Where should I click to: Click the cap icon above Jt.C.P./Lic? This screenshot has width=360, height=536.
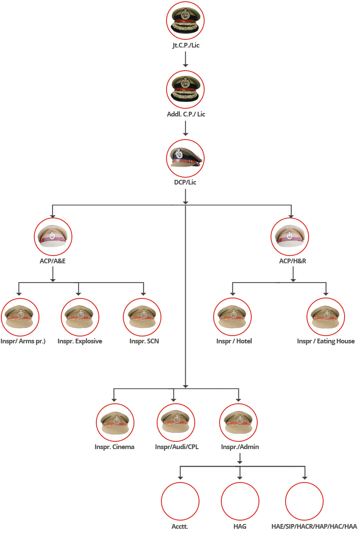[185, 21]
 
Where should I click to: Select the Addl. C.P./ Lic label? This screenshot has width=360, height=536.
[186, 114]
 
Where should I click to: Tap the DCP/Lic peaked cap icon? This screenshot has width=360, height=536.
[185, 158]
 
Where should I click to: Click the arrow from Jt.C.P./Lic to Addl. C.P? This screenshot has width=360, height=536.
[185, 59]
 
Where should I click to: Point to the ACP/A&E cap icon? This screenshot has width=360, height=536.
[53, 236]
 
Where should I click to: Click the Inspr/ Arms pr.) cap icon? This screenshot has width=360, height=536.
[20, 317]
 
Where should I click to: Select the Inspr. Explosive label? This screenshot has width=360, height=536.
[80, 341]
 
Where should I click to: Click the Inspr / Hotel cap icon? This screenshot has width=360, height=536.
[232, 317]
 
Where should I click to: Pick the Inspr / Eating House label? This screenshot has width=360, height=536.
[326, 341]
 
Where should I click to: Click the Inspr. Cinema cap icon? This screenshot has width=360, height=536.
[115, 422]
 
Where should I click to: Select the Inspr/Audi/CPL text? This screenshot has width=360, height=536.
[177, 447]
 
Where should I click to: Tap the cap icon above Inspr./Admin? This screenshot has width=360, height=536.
[238, 422]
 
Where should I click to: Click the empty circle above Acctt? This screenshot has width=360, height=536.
[180, 501]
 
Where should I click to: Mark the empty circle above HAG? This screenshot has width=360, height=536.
[240, 501]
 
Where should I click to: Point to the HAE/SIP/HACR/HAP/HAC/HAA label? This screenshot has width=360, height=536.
[314, 527]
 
